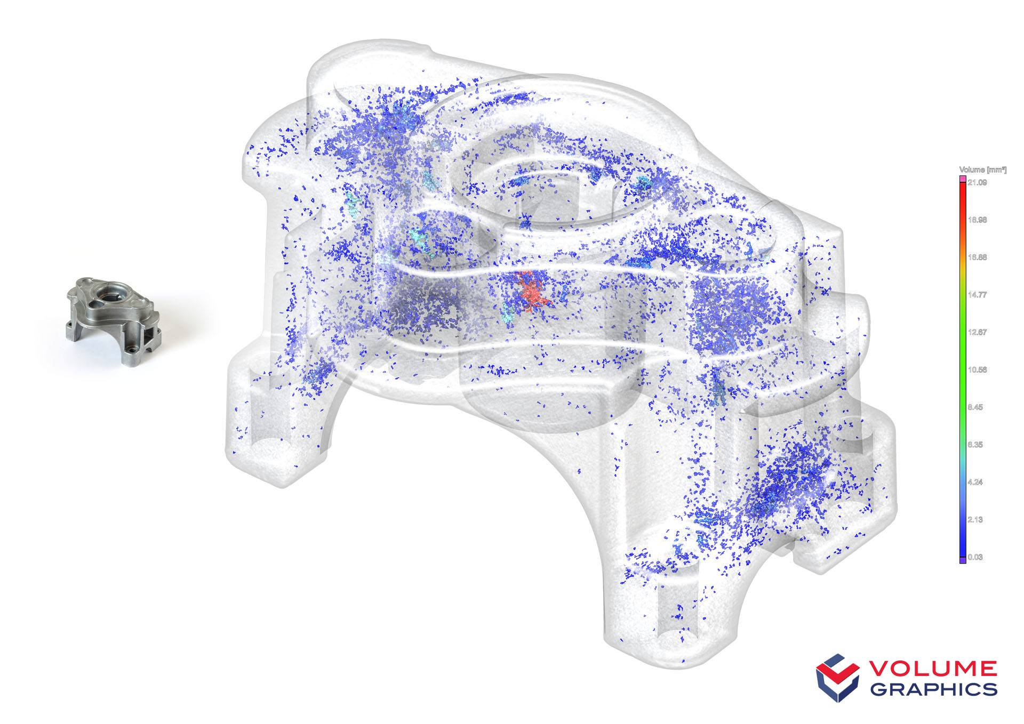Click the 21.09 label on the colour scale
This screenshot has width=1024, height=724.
[x=977, y=182]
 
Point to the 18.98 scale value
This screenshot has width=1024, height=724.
[x=977, y=220]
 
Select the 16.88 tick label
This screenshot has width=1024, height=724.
[x=977, y=257]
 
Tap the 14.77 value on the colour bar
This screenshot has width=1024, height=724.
[x=977, y=294]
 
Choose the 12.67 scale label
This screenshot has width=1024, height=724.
[x=977, y=332]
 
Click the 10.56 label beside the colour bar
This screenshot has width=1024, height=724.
[x=977, y=369]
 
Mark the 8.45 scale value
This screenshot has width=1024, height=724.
[x=975, y=407]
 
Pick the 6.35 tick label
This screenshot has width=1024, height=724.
[x=975, y=444]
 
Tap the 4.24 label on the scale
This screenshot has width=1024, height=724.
[x=975, y=482]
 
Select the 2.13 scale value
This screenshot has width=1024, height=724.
[x=975, y=519]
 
